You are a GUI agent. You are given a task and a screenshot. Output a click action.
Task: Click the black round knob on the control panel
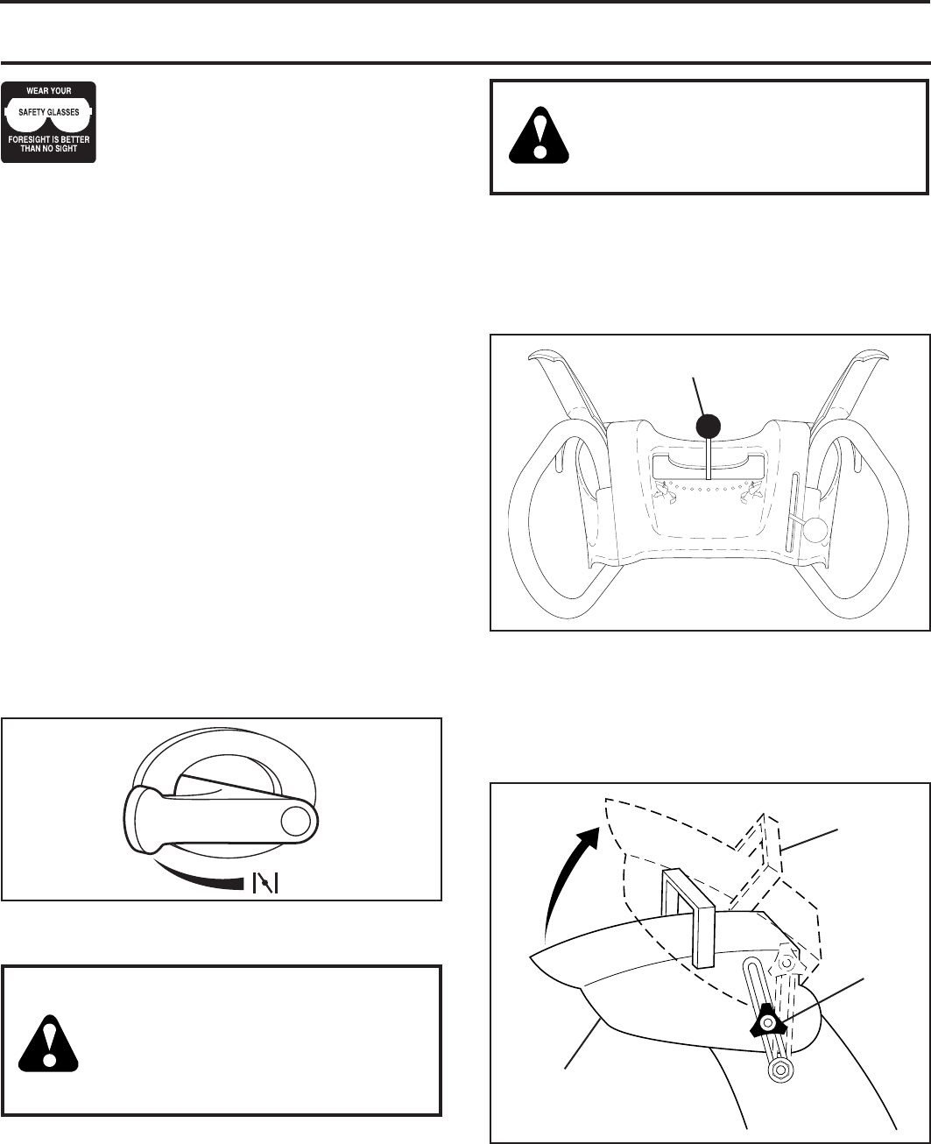[x=708, y=427]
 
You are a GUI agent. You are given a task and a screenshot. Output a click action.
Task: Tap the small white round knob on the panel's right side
[x=816, y=529]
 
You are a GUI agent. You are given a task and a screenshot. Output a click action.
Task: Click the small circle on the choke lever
[x=296, y=820]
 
